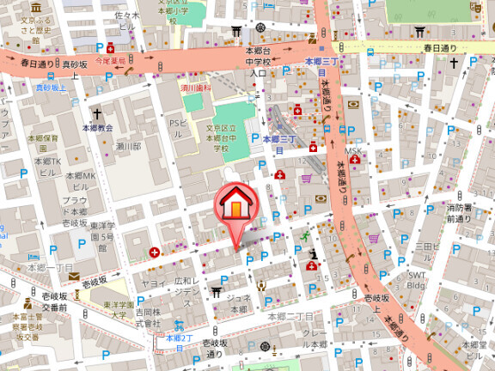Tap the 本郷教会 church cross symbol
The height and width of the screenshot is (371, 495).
pyautogui.click(x=97, y=113)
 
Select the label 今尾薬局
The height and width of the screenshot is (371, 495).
pyautogui.click(x=110, y=61)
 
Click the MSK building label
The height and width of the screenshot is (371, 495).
pyautogui.click(x=353, y=152)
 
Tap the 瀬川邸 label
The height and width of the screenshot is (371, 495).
pyautogui.click(x=128, y=147)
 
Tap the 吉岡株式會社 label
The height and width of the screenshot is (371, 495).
pyautogui.click(x=147, y=319)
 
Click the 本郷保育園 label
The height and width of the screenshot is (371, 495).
pyautogui.click(x=43, y=143)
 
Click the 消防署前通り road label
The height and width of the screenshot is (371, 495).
pyautogui.click(x=459, y=213)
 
